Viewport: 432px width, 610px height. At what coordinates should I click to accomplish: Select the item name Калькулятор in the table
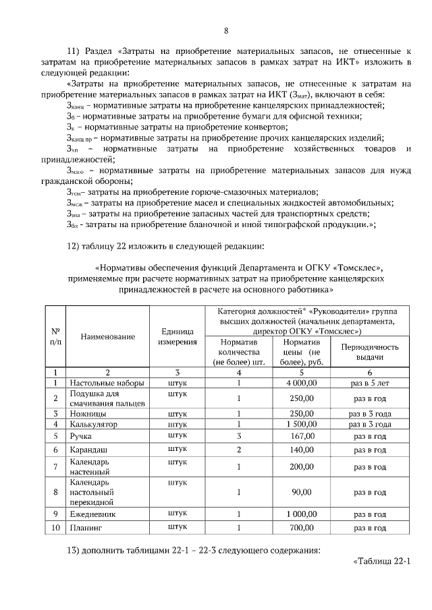coord(94,424)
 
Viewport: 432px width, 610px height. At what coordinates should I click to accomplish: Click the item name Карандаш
coord(91,449)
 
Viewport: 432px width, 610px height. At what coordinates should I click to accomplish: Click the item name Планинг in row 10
coord(88,527)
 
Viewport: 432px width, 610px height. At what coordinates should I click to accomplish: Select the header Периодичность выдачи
coord(370,351)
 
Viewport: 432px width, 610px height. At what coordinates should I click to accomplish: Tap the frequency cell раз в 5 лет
coord(370,383)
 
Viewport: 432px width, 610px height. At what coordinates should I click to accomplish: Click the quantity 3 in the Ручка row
coord(239,435)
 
